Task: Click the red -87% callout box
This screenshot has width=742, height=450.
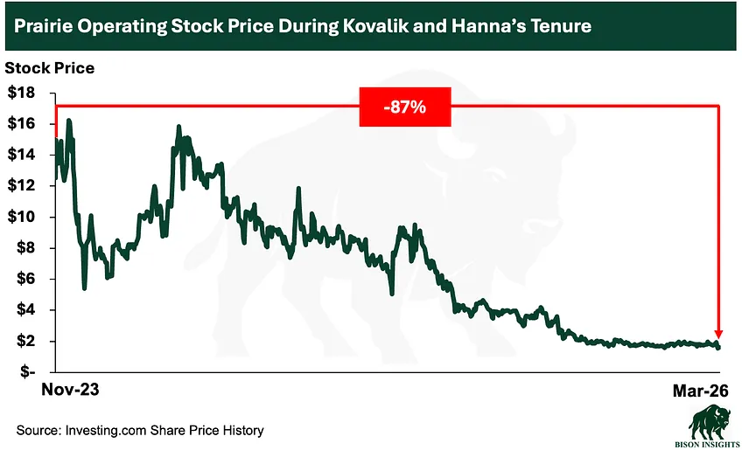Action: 404,107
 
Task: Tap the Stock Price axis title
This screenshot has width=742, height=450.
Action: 50,67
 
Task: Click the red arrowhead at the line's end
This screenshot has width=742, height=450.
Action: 718,334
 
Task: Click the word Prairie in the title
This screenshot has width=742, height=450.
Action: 43,26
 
